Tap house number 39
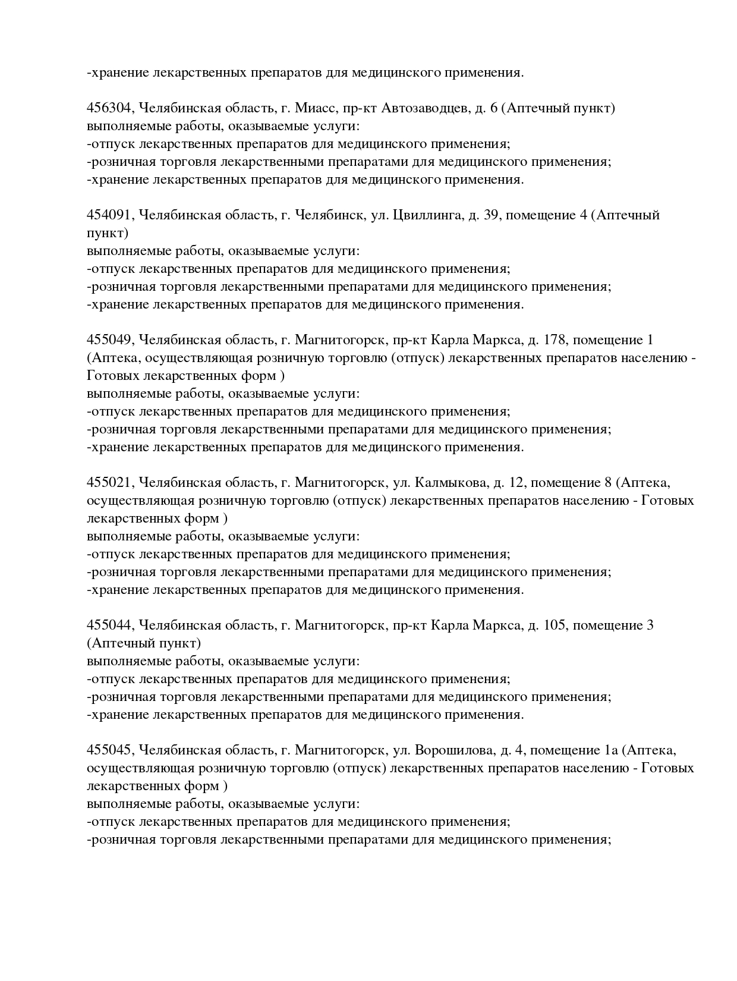(491, 215)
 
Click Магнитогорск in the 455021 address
(337, 483)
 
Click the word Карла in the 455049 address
(447, 340)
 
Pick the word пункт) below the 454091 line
(108, 233)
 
